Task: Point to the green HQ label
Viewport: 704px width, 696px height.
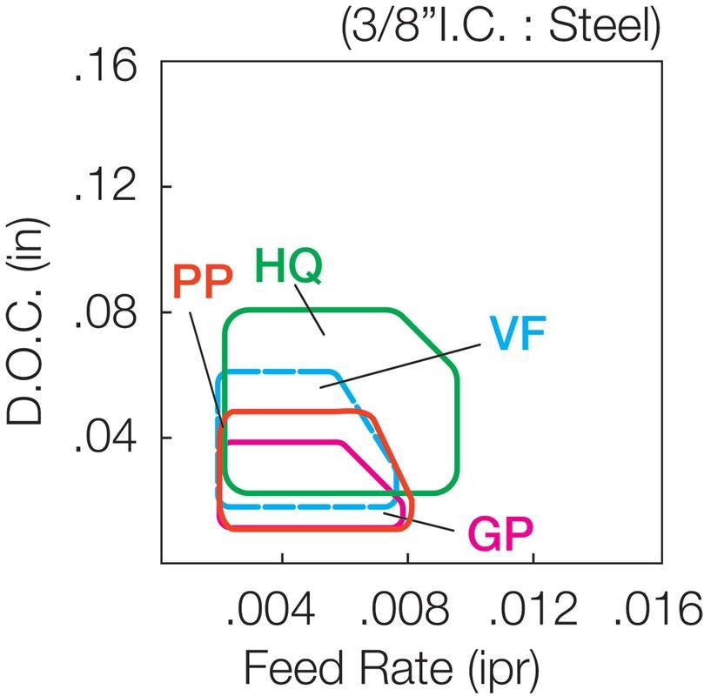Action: click(x=289, y=267)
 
